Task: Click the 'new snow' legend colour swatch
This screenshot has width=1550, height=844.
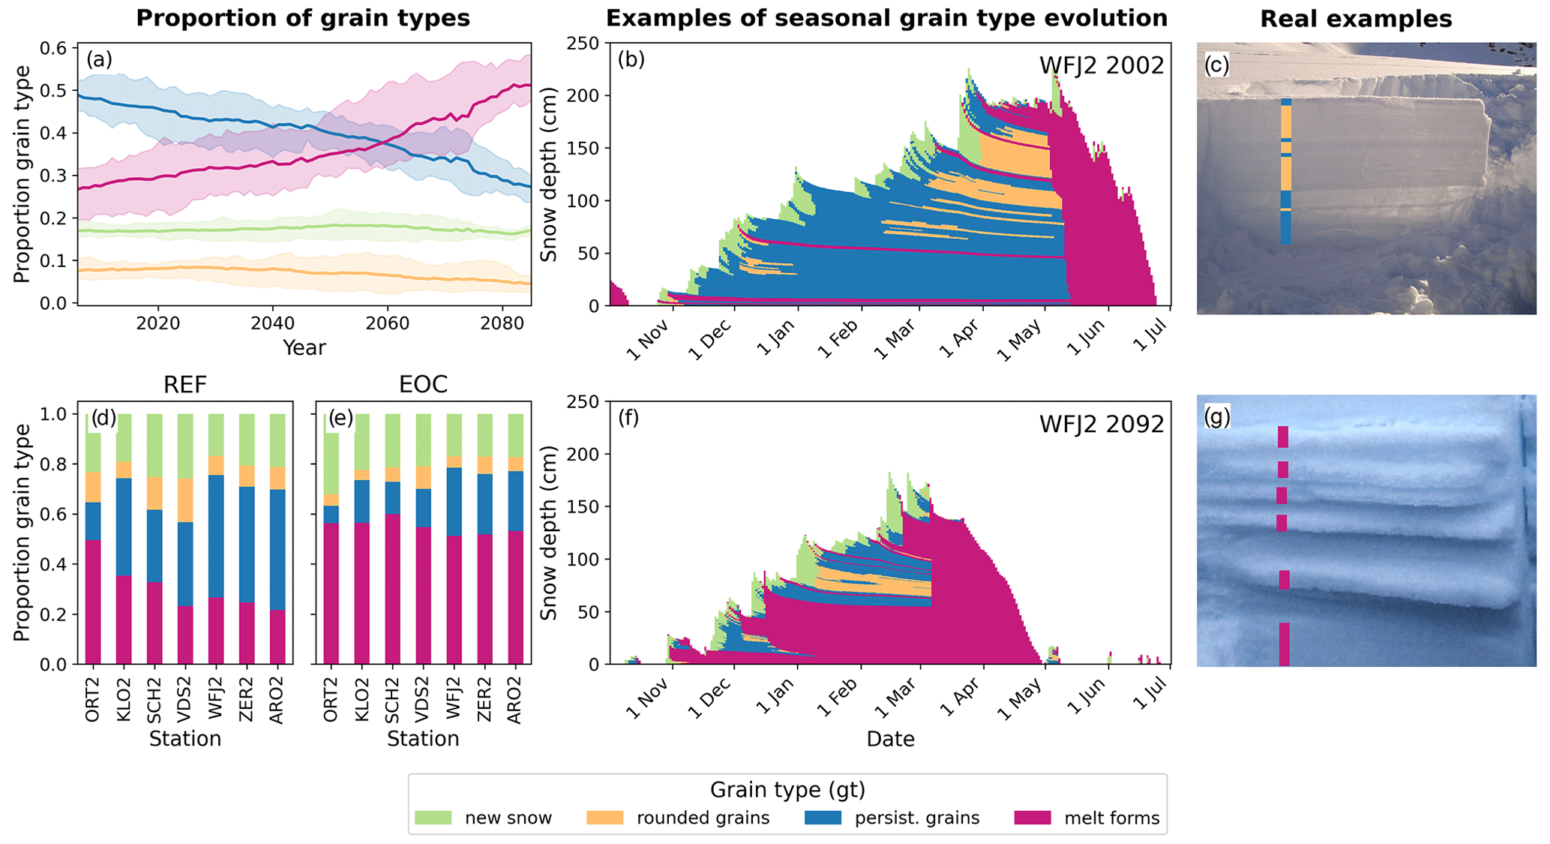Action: coord(433,818)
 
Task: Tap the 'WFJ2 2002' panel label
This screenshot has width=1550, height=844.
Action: coord(1101,66)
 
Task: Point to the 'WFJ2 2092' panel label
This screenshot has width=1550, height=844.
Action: coord(1101,425)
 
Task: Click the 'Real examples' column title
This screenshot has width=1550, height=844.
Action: coord(1356,19)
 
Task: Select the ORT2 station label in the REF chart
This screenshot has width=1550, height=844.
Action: coord(93,700)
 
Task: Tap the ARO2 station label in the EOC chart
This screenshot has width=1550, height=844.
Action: coord(514,700)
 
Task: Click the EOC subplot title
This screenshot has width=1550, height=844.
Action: coord(423,385)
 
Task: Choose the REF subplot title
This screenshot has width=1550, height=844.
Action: coord(185,385)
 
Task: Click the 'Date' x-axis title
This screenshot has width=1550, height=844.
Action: coord(890,740)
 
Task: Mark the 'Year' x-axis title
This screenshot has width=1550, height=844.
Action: coord(304,348)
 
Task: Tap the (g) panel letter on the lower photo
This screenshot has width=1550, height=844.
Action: coord(1217,416)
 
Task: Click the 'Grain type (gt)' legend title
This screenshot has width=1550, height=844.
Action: coord(787,790)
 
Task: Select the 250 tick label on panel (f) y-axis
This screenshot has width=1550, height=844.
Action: coord(584,402)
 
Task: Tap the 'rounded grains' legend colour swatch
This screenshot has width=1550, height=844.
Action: coord(605,818)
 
